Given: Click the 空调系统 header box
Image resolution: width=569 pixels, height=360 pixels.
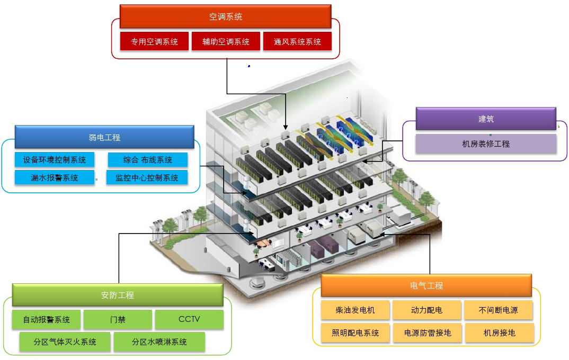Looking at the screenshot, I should [226, 16].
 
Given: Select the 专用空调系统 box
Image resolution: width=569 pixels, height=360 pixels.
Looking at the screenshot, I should [154, 41].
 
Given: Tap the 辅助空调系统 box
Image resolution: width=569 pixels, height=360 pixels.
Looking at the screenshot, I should [226, 41].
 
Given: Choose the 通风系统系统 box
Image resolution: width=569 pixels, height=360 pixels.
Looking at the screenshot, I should [297, 41].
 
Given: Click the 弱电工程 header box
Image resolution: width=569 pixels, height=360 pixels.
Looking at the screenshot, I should [104, 137].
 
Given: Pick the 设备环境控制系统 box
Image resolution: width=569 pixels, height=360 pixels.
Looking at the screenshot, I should [55, 159].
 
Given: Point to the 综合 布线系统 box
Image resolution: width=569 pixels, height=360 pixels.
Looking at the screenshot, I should [148, 159].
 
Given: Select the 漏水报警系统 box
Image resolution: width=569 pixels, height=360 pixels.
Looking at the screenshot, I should [55, 177].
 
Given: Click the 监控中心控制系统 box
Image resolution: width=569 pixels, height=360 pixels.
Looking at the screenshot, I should [148, 177].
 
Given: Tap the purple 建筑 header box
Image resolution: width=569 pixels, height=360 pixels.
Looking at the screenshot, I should [486, 119].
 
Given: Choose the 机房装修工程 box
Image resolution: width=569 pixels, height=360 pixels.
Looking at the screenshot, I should [486, 143].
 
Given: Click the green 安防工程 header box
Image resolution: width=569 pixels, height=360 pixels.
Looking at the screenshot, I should [117, 295].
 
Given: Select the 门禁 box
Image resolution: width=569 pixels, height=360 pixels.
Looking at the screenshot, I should [118, 320].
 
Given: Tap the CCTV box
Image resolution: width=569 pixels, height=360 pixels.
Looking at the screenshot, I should [189, 320].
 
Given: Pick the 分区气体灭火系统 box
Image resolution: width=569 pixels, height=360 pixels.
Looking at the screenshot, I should [66, 342].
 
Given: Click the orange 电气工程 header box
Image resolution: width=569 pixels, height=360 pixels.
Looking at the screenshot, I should [426, 285].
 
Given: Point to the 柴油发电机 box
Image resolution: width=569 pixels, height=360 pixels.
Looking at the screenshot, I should [355, 310].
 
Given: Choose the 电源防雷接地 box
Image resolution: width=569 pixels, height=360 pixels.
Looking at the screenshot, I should [427, 333].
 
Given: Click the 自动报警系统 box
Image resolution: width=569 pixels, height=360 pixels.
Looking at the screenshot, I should [47, 320].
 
